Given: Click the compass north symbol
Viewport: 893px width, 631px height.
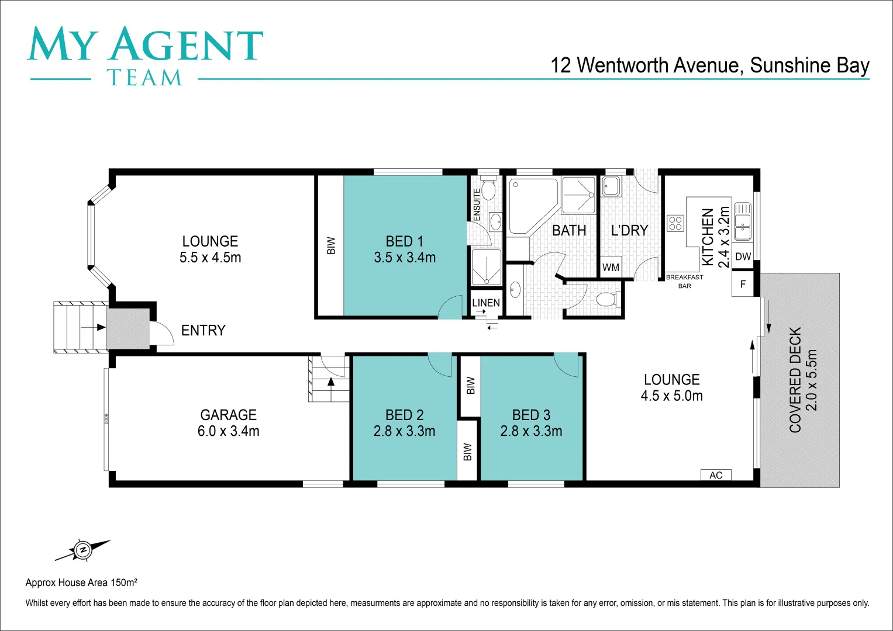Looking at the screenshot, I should pos(82,550).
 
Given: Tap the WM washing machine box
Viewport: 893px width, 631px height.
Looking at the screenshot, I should pos(611,267).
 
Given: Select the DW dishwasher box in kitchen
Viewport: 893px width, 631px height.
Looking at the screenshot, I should pos(743,256).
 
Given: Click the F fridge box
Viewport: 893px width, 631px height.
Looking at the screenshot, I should pos(743,285).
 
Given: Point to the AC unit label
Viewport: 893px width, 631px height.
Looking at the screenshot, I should pos(716,475).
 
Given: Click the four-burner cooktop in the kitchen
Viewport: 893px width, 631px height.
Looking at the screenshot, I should pos(675,223).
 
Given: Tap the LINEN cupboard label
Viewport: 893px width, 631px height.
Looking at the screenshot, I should pos(486,303).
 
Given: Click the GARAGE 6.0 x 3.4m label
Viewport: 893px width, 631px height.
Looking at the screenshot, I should pos(229,423).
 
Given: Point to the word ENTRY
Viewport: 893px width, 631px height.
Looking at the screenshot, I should pos(203,331).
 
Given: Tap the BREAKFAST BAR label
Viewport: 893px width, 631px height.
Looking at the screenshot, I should pos(684,282).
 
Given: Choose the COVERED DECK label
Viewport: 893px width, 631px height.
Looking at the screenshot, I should pos(803,380).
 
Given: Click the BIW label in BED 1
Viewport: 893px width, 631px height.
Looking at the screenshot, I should pos(331,245).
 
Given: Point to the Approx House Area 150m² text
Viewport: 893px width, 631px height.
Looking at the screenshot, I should pos(81,583).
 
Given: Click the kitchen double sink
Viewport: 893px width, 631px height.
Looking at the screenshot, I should pos(742,221).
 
